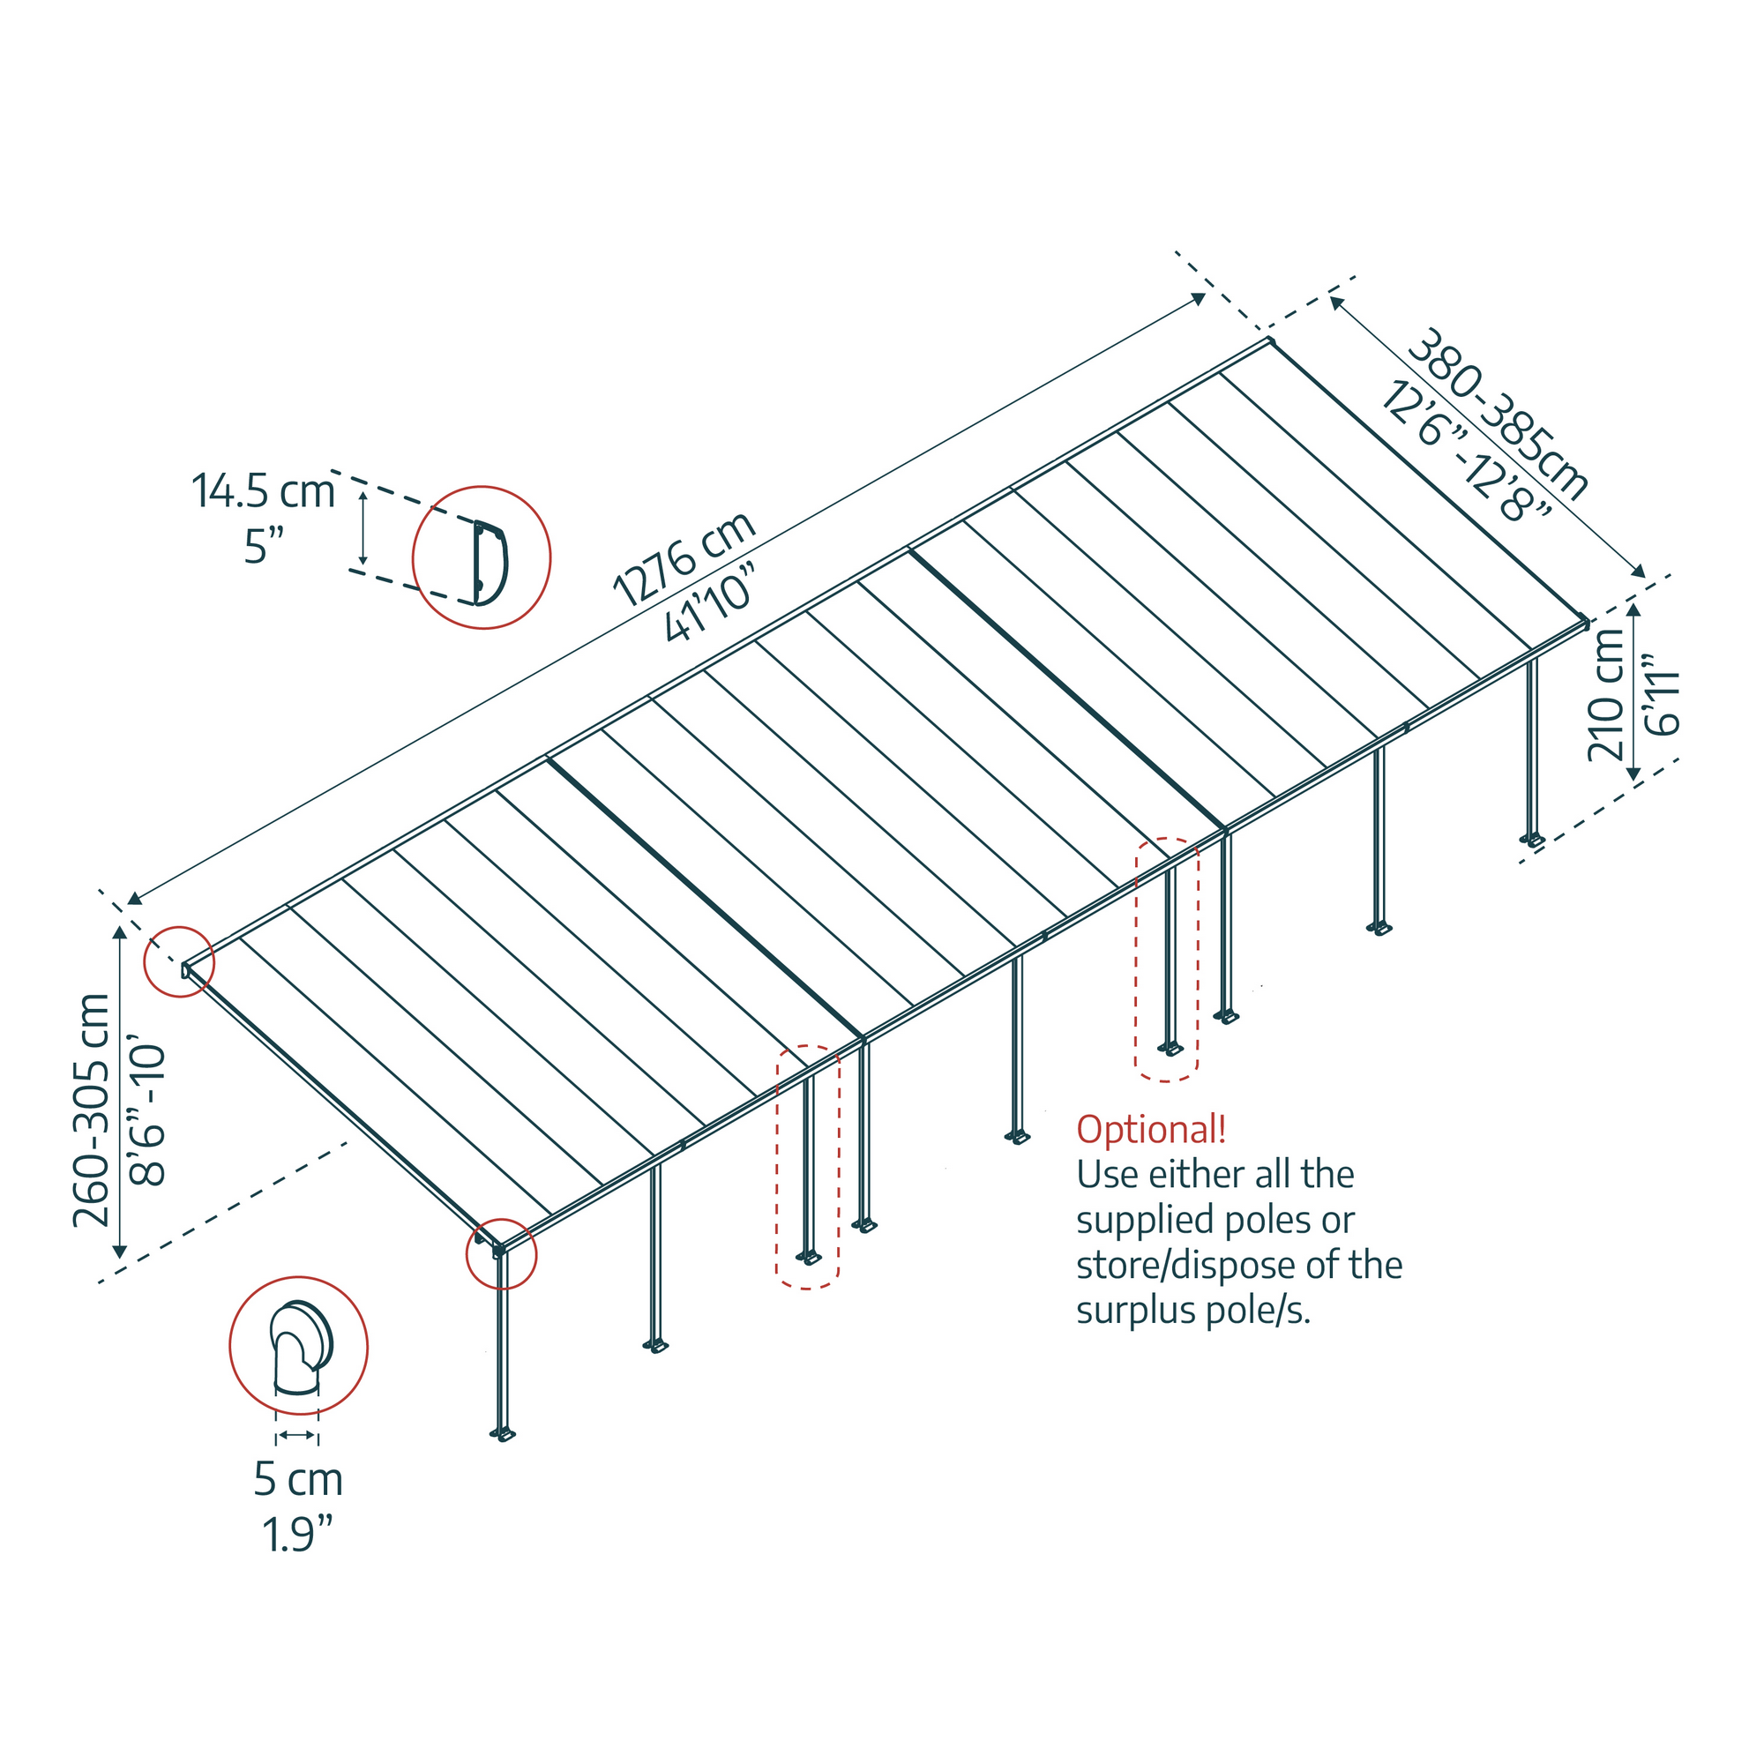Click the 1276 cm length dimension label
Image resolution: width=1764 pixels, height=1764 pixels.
684,558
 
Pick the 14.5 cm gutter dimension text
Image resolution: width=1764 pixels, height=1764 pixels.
263,491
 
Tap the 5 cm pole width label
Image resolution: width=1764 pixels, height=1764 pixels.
297,1480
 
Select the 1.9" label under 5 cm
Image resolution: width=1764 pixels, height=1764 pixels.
297,1534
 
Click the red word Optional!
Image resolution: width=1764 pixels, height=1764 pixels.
1151,1131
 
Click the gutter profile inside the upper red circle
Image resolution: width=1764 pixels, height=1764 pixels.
490,563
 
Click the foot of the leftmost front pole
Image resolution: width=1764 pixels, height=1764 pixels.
502,1434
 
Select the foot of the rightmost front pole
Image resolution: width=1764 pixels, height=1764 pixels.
1531,839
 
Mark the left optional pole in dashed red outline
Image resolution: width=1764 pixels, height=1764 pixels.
808,1169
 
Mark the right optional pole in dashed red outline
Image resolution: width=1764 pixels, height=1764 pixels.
1168,959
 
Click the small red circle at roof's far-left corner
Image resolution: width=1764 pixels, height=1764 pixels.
180,961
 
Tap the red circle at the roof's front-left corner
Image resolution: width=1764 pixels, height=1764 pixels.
501,1253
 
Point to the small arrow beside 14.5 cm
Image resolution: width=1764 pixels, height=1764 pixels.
363,527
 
